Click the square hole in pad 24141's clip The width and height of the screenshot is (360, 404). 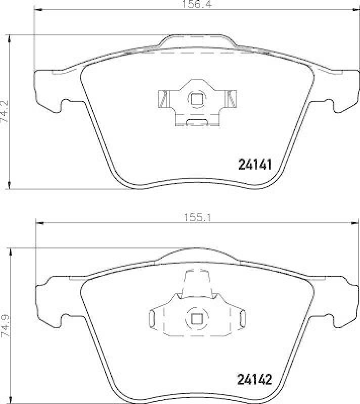pos(197,98)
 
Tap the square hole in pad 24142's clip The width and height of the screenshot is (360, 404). pos(197,319)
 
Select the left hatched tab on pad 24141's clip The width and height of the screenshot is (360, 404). pos(163,98)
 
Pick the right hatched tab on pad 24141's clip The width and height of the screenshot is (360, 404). pos(231,98)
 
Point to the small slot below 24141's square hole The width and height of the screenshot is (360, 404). pos(197,121)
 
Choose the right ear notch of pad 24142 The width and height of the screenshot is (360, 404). pos(333,319)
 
